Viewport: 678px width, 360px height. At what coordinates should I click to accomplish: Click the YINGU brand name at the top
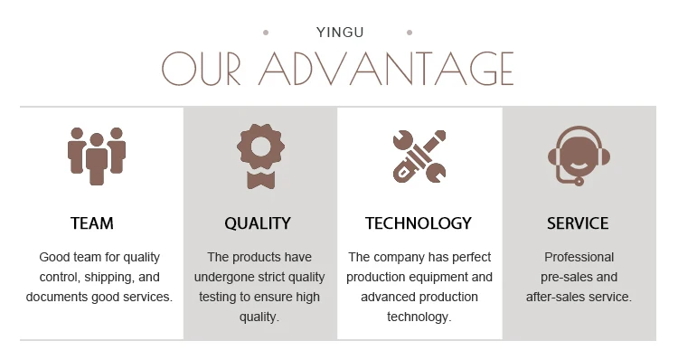point(340,33)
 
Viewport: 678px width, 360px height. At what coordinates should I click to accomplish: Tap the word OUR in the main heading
point(204,69)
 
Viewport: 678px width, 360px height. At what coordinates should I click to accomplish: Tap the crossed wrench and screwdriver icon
point(419,155)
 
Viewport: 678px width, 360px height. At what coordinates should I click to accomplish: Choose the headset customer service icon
point(579,155)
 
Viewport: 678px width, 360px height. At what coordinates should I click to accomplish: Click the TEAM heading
point(92,223)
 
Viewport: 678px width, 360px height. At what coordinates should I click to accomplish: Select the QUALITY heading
point(258,223)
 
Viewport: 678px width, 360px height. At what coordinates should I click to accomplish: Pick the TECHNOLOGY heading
point(419,223)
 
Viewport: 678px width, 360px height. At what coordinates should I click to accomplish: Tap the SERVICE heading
point(578,223)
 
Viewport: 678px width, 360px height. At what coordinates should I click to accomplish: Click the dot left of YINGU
point(265,33)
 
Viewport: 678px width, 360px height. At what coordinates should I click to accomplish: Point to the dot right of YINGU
point(410,33)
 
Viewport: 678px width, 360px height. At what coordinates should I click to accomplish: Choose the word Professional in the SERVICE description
point(579,257)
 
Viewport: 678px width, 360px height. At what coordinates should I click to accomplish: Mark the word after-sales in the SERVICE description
point(558,297)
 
